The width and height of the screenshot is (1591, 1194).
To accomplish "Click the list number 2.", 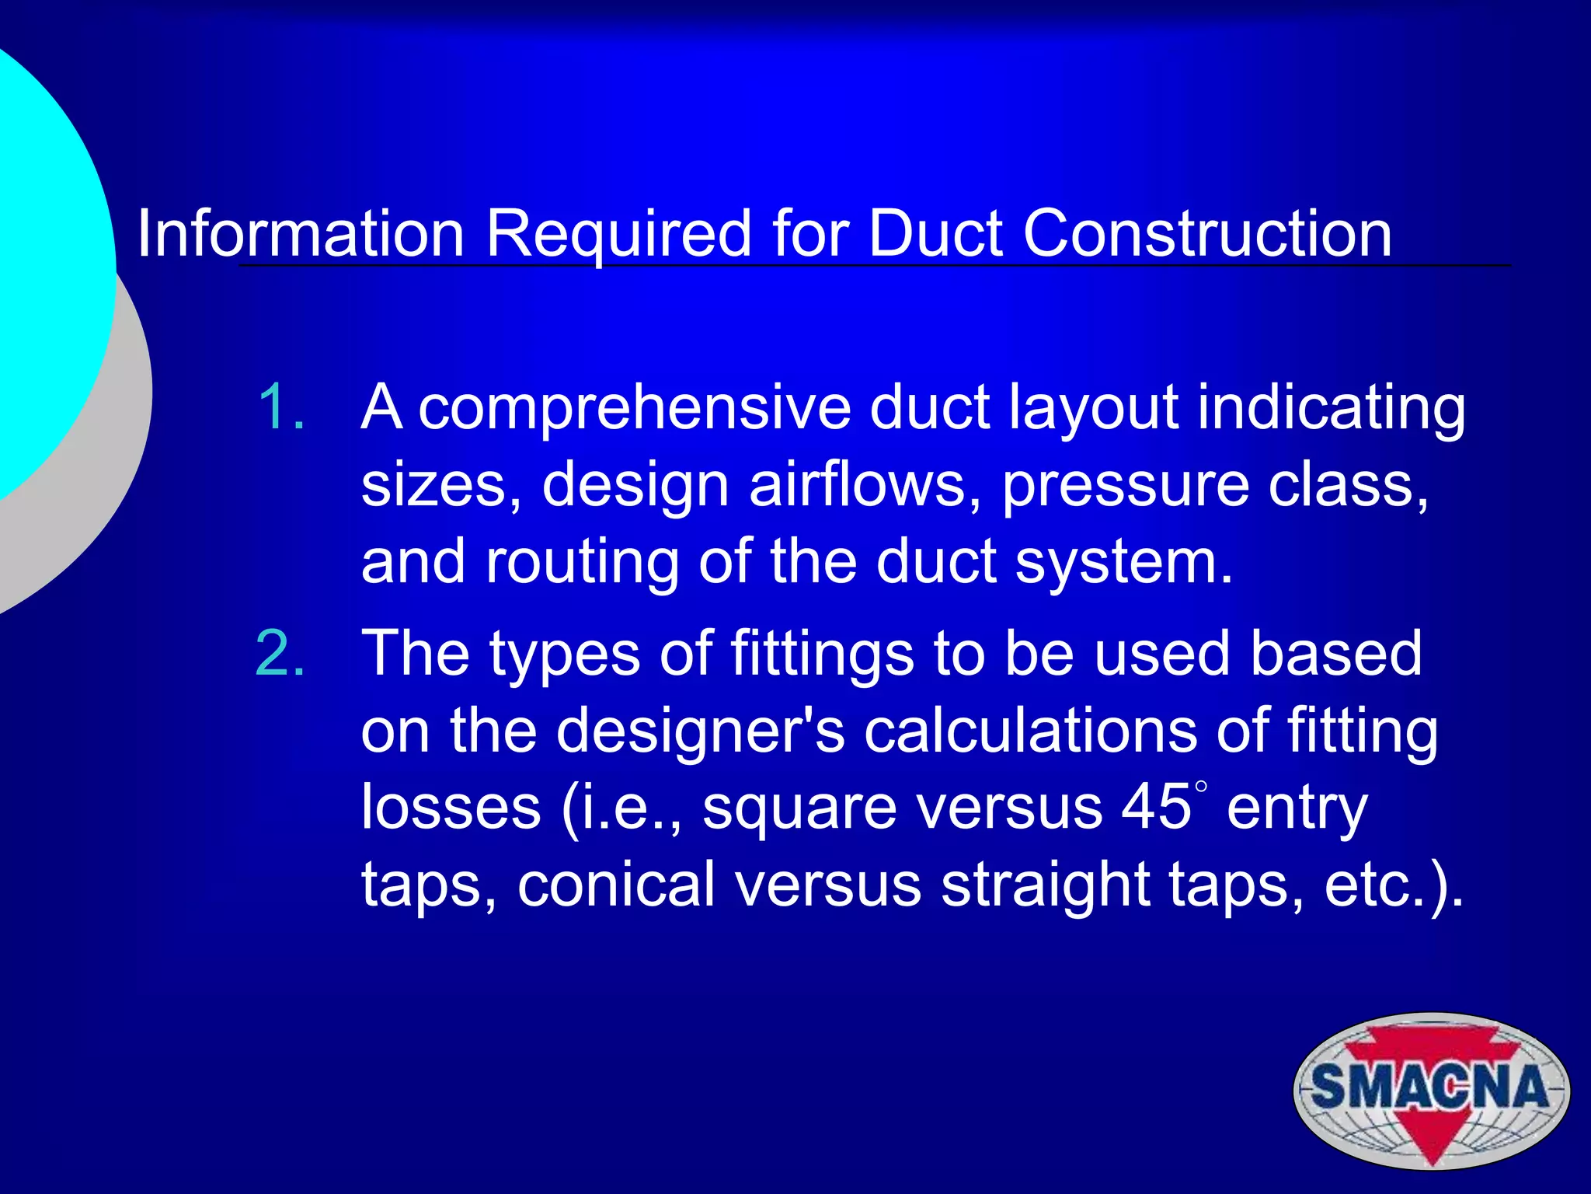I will click(280, 654).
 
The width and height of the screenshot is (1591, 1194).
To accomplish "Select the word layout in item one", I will click(1092, 408).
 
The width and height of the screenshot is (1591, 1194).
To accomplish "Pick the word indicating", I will click(1331, 408).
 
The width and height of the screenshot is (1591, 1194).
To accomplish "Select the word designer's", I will click(700, 731).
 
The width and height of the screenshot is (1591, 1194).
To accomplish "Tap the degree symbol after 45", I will click(1201, 787).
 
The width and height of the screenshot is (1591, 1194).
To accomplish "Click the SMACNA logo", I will click(1431, 1090).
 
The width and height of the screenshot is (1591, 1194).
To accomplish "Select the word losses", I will click(451, 807).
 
